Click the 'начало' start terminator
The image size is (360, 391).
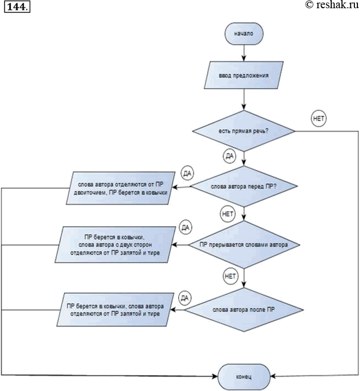coord(244,33)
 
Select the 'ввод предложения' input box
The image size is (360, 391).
coord(243,75)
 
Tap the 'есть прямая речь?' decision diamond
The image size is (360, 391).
coord(243,131)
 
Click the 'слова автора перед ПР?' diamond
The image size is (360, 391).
coord(243,186)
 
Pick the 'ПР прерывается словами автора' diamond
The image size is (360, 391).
coord(244,245)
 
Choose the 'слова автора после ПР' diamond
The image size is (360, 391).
coord(244,310)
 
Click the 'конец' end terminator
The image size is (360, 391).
coord(244,377)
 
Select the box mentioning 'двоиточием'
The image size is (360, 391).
coord(121,188)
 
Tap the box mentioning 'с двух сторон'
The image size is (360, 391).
coord(116,245)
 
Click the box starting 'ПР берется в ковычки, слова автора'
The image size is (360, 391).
coord(116,310)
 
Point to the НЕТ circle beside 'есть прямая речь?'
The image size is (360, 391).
coord(319,118)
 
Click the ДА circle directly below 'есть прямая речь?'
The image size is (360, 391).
coord(230,156)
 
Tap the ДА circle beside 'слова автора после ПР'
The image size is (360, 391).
coord(185,298)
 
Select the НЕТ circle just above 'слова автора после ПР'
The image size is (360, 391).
coord(230,276)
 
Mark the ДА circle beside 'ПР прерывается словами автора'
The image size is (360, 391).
coord(185,227)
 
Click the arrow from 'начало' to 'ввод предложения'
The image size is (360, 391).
coord(244,53)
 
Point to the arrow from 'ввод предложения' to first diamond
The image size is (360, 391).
coord(244,100)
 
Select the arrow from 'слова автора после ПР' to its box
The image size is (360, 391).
coord(177,310)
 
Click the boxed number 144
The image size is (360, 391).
coord(17,7)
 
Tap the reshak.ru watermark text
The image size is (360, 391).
coord(332,5)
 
